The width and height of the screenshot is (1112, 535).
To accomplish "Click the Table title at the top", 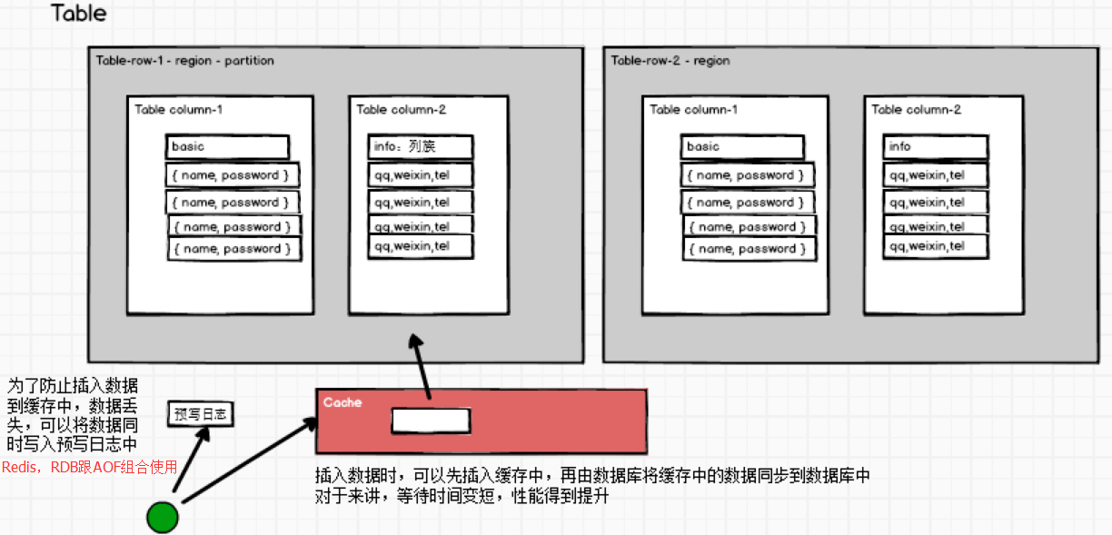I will (79, 14).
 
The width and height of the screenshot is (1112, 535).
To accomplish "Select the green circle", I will (163, 517).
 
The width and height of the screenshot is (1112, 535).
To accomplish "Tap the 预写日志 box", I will (201, 414).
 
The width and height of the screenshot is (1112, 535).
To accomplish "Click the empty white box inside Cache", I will (431, 421).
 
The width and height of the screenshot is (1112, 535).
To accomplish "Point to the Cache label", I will (342, 401).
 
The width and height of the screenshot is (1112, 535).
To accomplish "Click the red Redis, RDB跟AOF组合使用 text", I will (89, 467).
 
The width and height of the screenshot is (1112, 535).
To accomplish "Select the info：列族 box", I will (421, 146).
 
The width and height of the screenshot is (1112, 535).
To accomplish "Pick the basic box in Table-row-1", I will (227, 147).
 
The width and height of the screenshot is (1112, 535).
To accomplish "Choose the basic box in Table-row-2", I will (741, 147).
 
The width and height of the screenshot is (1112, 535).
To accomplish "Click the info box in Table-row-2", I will (935, 147).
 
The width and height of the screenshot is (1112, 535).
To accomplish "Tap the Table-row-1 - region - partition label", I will (184, 61).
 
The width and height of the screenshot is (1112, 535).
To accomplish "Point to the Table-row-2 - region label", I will (670, 61).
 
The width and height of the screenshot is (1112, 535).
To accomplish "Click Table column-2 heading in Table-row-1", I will (401, 110).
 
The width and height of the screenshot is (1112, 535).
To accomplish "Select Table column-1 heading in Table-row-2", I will (693, 110).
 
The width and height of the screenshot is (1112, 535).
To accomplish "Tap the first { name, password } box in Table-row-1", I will (233, 174).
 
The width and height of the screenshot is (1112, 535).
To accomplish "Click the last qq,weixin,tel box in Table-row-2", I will (935, 245).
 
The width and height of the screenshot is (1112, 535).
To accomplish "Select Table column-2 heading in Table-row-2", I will (916, 110).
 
